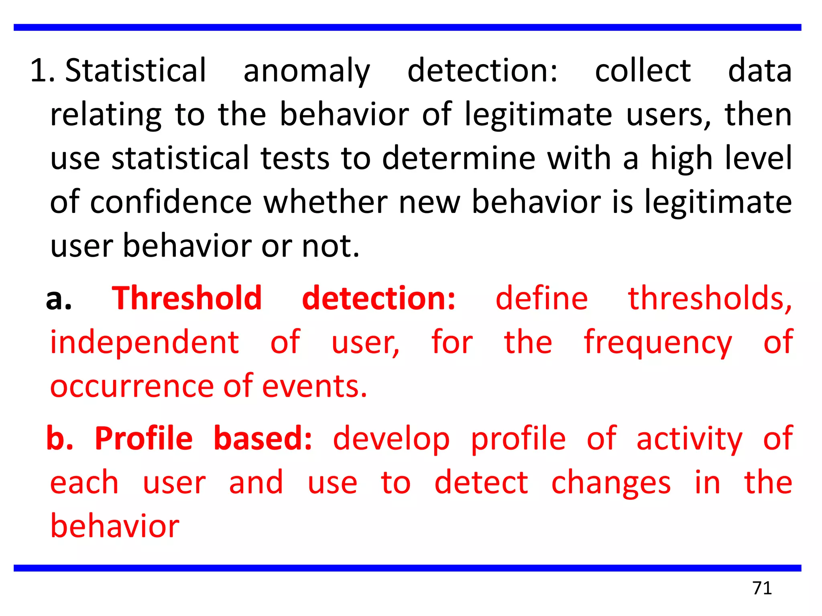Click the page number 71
(762, 588)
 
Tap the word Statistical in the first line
(136, 71)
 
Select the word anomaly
(307, 71)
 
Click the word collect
(643, 71)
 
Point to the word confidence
(171, 202)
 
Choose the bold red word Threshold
(187, 298)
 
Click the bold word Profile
(144, 438)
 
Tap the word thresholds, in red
(710, 298)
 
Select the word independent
(144, 343)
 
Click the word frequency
(658, 343)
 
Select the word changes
(610, 484)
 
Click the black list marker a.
(59, 299)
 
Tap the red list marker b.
(59, 438)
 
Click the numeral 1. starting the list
(42, 71)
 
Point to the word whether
(326, 202)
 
